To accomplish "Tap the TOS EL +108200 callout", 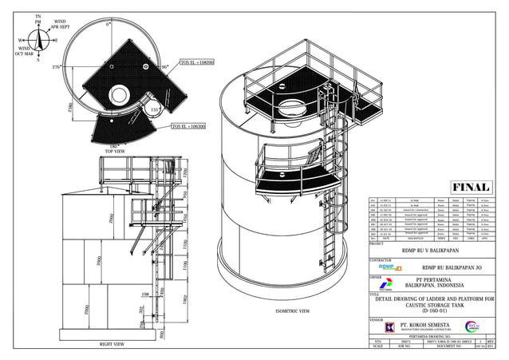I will [197, 62].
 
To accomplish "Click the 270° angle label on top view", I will [57, 68].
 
